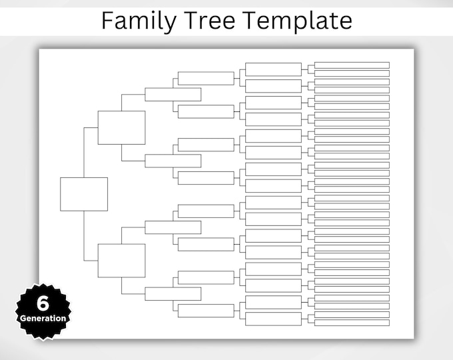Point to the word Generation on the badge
(43, 318)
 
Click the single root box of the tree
(84, 194)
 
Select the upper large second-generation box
(121, 127)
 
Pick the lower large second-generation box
(121, 261)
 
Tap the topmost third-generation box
(173, 95)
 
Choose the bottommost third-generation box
(173, 293)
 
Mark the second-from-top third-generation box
(173, 161)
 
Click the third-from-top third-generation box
(173, 227)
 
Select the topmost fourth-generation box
(206, 78)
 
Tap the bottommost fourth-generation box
(206, 311)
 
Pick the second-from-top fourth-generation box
(206, 111)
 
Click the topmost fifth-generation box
(273, 69)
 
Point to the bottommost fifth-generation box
(273, 319)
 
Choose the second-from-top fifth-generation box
(273, 86)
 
